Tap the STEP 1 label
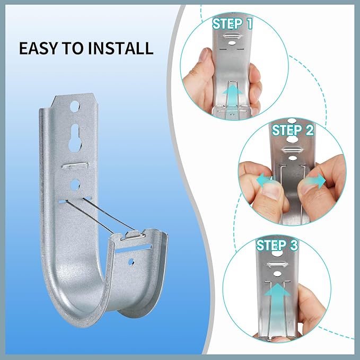tap(232, 24)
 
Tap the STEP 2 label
tap(293, 130)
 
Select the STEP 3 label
tap(277, 245)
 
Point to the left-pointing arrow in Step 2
tap(266, 180)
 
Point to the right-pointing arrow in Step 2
tap(317, 180)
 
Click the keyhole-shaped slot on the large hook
tap(75, 138)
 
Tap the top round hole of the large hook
tap(75, 107)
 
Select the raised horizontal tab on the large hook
tap(75, 165)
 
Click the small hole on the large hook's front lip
tap(131, 261)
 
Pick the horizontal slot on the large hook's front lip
tap(133, 249)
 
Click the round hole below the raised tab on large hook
tap(75, 185)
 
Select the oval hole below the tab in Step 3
tap(277, 274)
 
